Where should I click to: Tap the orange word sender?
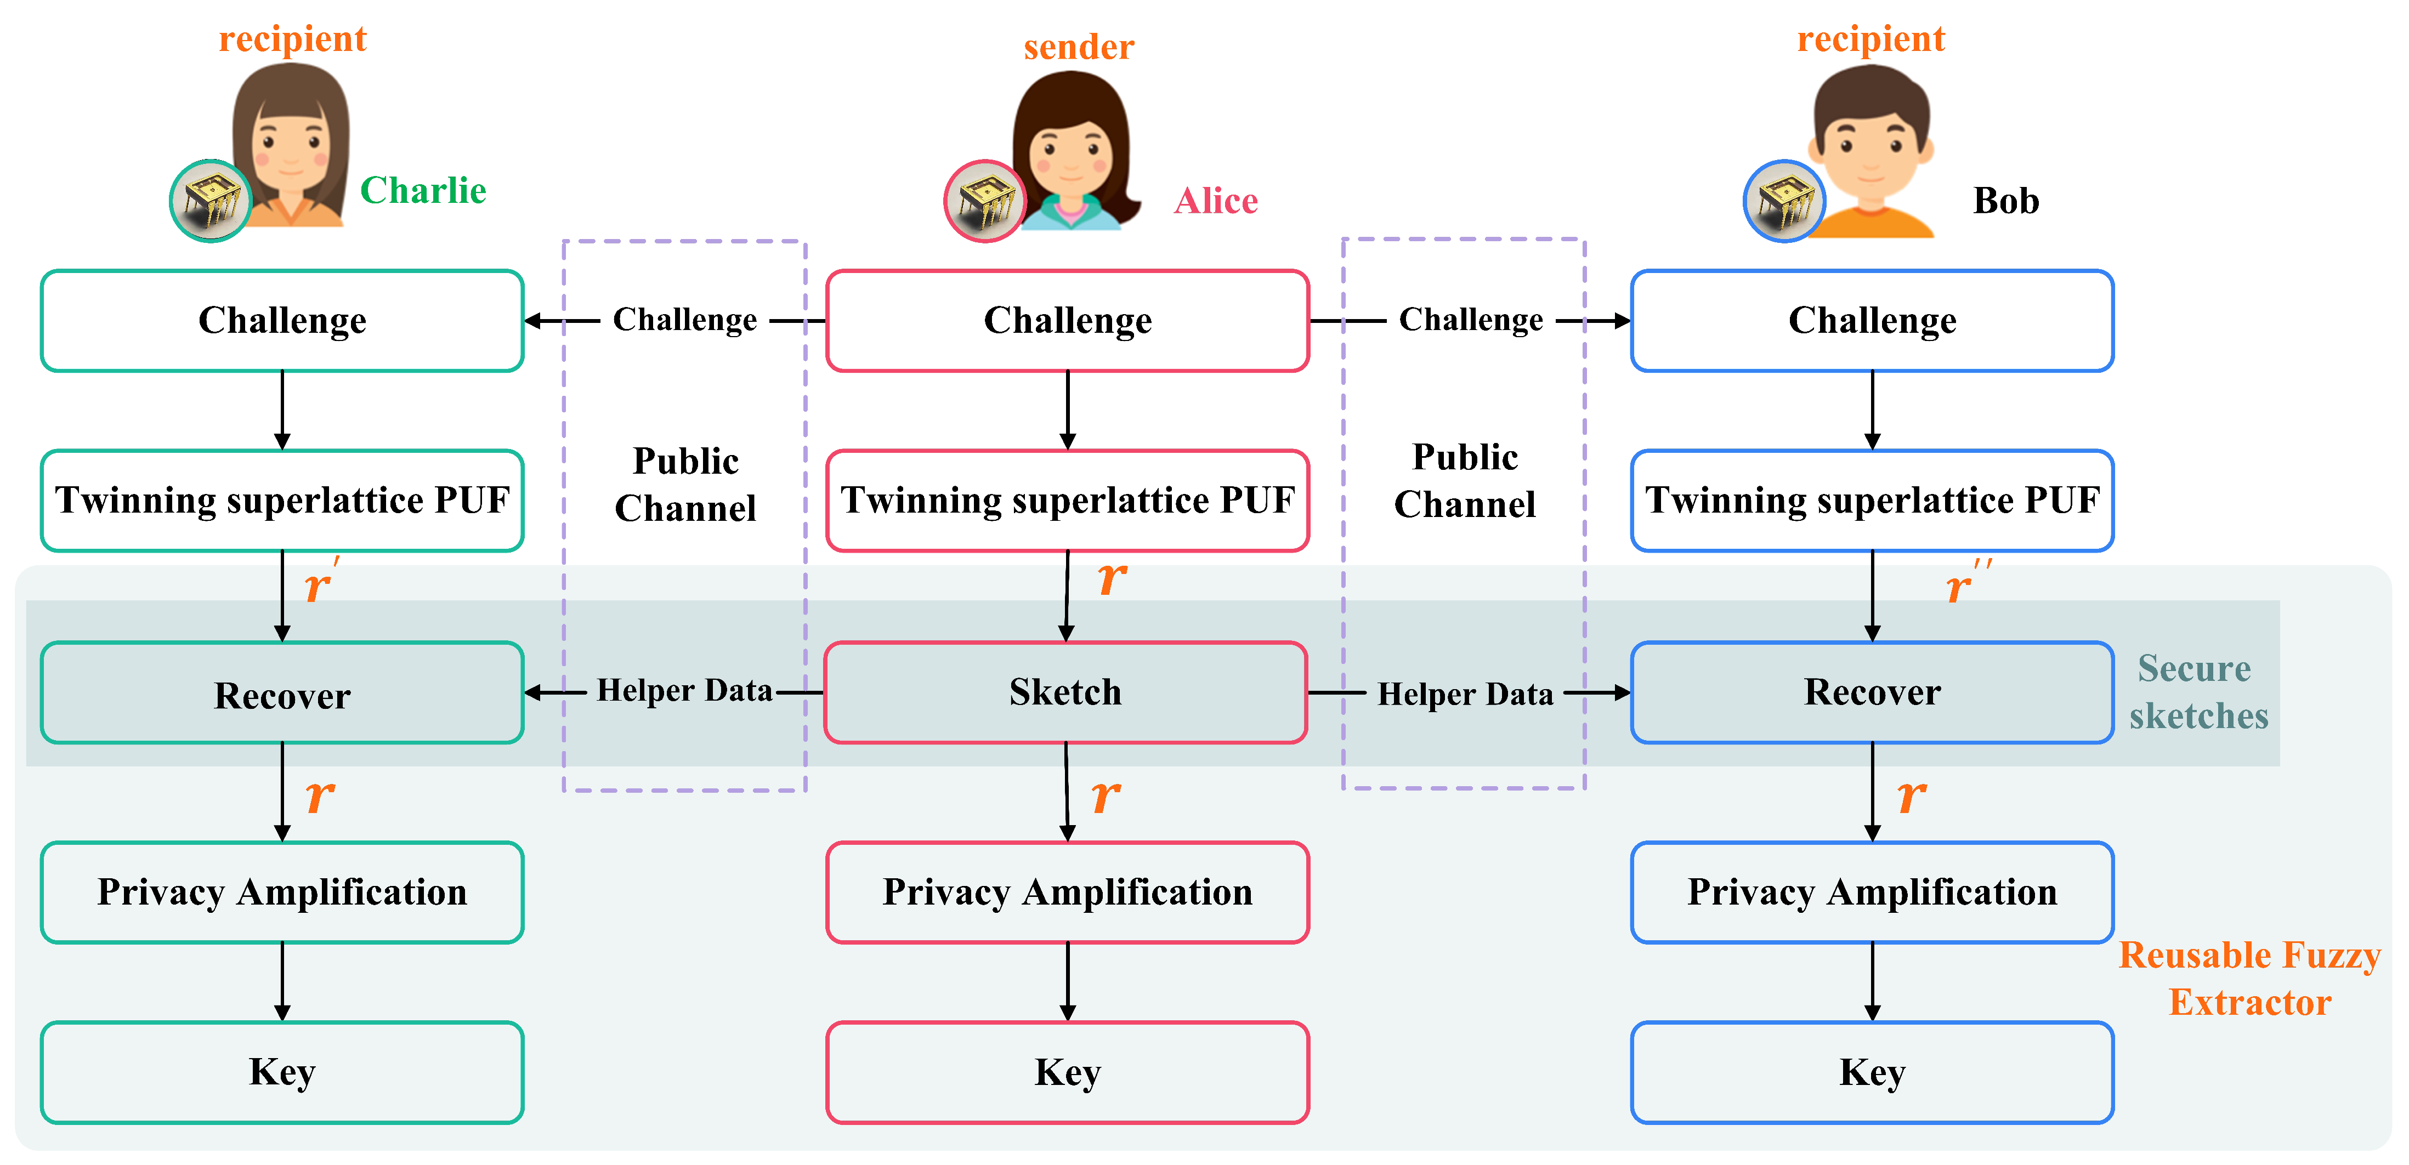[1078, 47]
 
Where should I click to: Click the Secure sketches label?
[2198, 692]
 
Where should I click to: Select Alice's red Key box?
[1067, 1072]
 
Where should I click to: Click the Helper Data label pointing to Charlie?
[684, 691]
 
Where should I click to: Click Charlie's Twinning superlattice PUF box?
[282, 500]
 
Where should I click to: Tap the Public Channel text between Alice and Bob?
[1465, 481]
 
